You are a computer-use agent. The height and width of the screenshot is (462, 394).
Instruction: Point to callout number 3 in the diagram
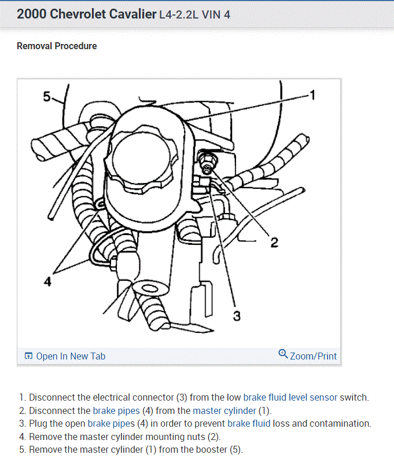point(237,315)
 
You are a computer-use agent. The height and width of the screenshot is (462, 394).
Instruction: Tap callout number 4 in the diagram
point(48,282)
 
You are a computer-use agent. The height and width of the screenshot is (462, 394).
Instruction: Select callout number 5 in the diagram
point(47,96)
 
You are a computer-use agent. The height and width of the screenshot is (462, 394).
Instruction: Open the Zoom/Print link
point(313,356)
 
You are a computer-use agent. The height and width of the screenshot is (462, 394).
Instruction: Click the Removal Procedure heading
point(57,46)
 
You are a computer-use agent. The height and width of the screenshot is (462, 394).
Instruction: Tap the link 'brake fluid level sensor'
point(283,398)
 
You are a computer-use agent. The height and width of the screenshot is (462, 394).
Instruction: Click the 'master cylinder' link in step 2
point(224,410)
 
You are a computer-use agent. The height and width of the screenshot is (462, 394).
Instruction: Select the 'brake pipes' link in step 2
point(116,410)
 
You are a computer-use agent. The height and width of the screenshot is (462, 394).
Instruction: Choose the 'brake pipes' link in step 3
point(111,423)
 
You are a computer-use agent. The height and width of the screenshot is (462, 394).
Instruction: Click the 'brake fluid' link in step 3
point(249,423)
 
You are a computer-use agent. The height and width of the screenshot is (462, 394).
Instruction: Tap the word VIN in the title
point(212,14)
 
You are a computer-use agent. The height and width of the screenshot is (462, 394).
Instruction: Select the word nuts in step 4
point(209,437)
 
